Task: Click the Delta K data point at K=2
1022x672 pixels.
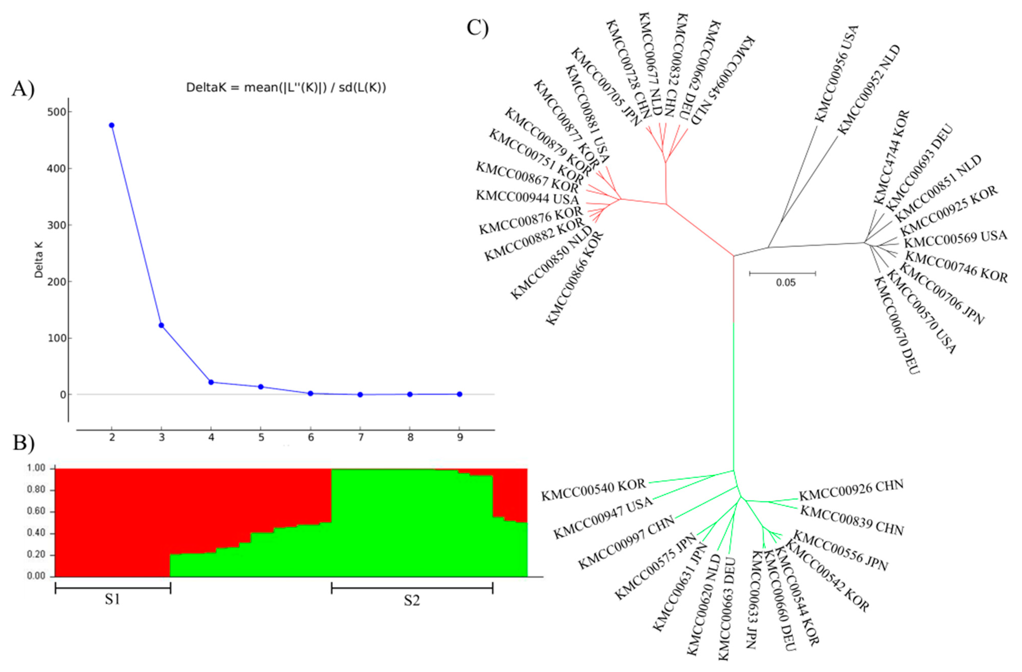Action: [x=112, y=125]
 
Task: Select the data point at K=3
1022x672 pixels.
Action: [x=161, y=325]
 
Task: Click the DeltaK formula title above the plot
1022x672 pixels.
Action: [x=286, y=88]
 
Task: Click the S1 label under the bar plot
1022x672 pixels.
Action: [x=113, y=599]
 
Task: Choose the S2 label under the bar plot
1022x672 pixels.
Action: [x=411, y=600]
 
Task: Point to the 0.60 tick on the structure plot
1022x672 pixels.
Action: [x=39, y=512]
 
